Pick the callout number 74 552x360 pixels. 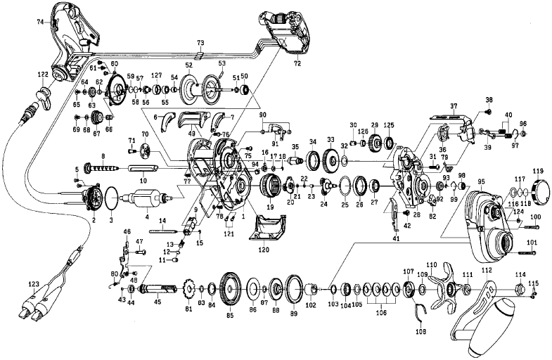(40, 22)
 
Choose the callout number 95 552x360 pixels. (481, 181)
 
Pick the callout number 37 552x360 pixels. (454, 106)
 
